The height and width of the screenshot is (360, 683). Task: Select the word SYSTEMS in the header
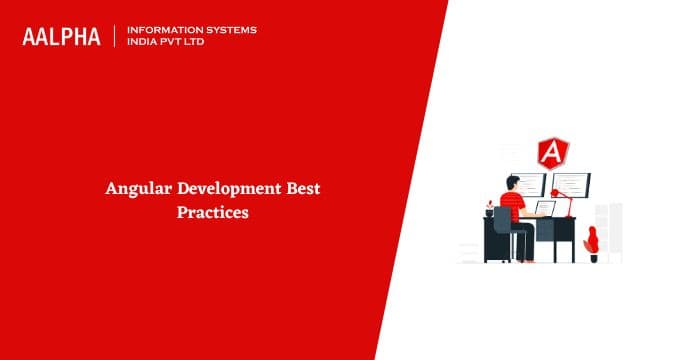[x=229, y=29]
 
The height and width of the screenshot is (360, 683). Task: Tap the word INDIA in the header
[x=144, y=43]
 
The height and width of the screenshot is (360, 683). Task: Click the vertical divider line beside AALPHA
[x=115, y=36]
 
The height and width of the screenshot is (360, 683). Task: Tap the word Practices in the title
[x=212, y=212]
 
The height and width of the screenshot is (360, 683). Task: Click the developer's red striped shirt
[x=513, y=206]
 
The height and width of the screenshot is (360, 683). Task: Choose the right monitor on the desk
[x=571, y=185]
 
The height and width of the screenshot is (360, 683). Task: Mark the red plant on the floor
[x=592, y=240]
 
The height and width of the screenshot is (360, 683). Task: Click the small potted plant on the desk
[x=489, y=210]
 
